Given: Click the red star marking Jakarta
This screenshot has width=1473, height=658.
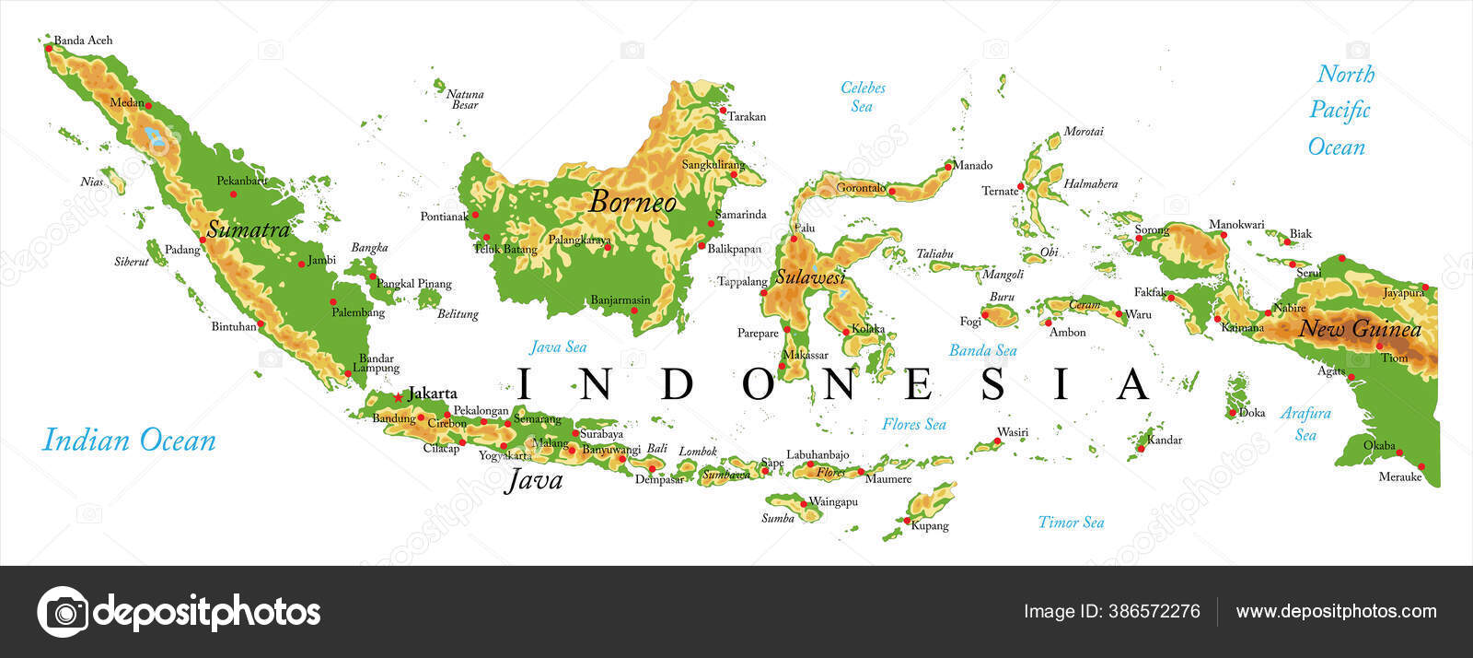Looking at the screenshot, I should [x=398, y=397].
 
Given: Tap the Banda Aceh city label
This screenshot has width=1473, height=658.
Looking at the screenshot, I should [x=83, y=41].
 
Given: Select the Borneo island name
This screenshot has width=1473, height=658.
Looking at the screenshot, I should [x=632, y=202].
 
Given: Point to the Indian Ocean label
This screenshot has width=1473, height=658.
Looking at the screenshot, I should [x=129, y=441].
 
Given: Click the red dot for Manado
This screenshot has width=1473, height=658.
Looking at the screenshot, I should [x=947, y=167].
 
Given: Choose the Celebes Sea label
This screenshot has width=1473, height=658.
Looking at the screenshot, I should [x=863, y=97].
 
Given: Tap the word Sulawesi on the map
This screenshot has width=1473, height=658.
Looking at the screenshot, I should [x=809, y=276].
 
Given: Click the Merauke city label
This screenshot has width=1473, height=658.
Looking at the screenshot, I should [x=1399, y=477].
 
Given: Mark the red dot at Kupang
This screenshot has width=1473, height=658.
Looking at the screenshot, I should [x=907, y=522].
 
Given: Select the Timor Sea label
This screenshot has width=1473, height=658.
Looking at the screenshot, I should [x=1071, y=523].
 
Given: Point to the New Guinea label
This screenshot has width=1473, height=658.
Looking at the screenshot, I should [x=1360, y=329].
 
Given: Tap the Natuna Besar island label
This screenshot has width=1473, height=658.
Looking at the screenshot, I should [x=465, y=100].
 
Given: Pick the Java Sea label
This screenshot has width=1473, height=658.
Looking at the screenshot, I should [x=558, y=347].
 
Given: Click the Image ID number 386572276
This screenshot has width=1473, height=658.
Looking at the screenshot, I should [x=1111, y=612].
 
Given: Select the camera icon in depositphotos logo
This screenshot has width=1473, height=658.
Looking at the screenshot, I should [x=63, y=612].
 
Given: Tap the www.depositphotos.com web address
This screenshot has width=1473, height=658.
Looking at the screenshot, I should [x=1336, y=612].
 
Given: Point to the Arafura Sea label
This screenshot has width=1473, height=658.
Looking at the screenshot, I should [x=1305, y=424].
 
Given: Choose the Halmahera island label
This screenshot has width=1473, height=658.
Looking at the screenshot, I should [x=1090, y=184].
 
